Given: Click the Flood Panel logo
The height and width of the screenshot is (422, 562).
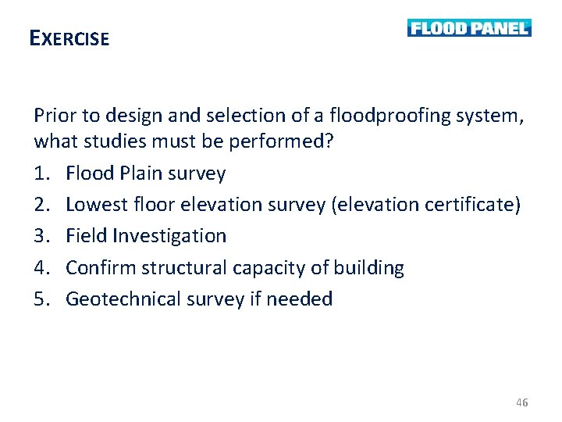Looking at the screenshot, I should tap(469, 28).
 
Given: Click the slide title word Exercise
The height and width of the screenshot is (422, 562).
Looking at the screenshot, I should tap(69, 38).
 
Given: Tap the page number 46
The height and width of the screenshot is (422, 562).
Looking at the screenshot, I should tap(522, 402).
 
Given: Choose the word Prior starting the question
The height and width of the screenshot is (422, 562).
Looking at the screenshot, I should tap(53, 116).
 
